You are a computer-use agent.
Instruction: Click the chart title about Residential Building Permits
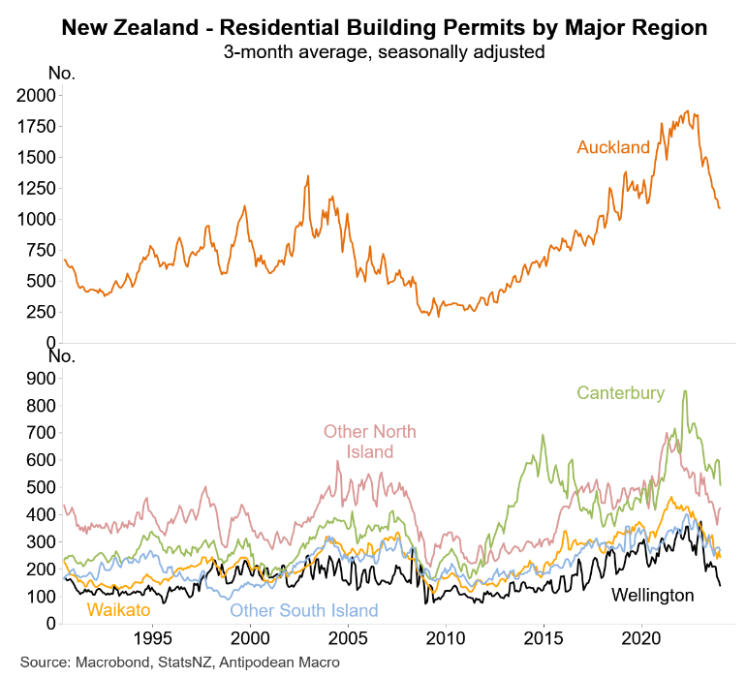[x=384, y=28]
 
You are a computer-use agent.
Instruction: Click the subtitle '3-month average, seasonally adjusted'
[x=384, y=50]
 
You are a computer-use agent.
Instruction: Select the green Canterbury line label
[x=621, y=392]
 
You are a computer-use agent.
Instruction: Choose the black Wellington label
[x=653, y=595]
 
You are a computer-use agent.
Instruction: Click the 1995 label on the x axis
[x=151, y=639]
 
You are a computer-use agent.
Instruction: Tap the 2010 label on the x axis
[x=445, y=639]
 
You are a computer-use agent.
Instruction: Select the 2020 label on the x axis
[x=640, y=639]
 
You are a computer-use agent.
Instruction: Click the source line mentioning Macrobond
[x=180, y=662]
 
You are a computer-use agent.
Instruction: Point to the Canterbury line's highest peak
[x=685, y=391]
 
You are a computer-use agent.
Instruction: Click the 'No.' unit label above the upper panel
[x=61, y=73]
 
